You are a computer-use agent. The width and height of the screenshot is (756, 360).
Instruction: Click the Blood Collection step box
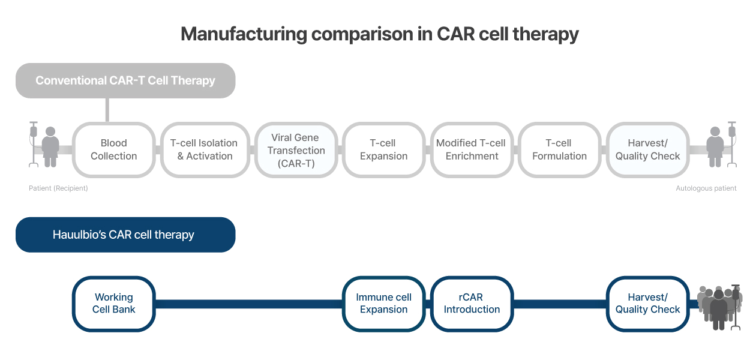(x=114, y=150)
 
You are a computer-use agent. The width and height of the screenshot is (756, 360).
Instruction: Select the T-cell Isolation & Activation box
(x=205, y=150)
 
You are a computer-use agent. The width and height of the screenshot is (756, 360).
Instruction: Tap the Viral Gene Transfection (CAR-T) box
(x=296, y=150)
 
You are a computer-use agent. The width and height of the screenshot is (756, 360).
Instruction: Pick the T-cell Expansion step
(x=384, y=150)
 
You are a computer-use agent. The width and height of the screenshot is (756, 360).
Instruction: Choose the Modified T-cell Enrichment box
(x=472, y=150)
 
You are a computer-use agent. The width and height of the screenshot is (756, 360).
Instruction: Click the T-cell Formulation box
(x=560, y=150)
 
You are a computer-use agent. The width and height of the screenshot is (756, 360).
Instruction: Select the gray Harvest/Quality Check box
(x=647, y=150)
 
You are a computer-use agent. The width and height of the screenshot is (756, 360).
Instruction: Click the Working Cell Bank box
(x=114, y=304)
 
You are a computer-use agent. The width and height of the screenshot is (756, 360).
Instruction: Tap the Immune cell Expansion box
(x=384, y=304)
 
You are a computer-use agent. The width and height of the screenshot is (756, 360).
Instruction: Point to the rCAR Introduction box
(x=472, y=304)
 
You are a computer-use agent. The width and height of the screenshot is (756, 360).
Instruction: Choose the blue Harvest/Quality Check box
(x=647, y=304)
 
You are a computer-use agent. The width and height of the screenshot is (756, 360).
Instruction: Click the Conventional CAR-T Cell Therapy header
(x=125, y=80)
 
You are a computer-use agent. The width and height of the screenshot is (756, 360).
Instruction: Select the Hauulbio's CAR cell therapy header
(x=125, y=235)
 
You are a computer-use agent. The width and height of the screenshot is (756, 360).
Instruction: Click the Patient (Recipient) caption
(x=58, y=188)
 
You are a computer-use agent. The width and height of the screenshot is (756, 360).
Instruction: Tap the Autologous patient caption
(x=706, y=188)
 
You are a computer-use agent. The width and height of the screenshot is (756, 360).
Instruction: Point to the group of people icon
(x=719, y=307)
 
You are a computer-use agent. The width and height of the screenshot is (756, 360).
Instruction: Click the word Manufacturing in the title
(x=244, y=34)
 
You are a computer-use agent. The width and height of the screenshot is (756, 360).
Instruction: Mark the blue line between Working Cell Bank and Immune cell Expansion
(x=249, y=304)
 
